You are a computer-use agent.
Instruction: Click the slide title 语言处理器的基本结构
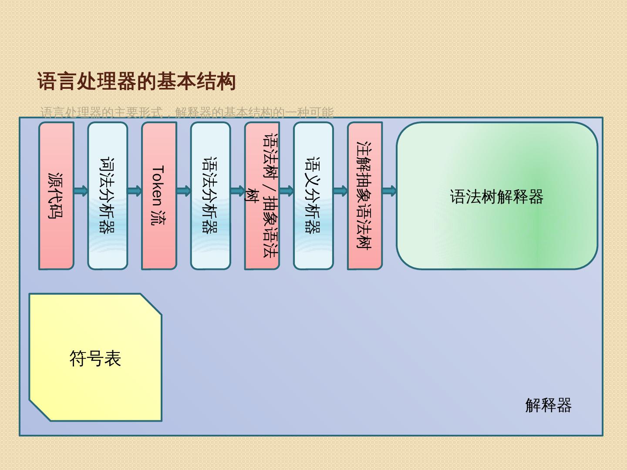click(x=136, y=82)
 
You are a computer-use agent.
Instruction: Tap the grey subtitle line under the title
click(x=187, y=112)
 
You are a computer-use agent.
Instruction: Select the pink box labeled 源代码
click(x=56, y=196)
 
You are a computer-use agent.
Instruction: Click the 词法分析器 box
click(x=108, y=196)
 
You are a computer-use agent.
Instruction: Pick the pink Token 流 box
click(x=159, y=196)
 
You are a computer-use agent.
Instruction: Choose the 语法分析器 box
click(x=210, y=196)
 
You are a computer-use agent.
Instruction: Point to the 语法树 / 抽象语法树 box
click(x=262, y=196)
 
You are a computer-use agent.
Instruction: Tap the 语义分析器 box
click(x=313, y=196)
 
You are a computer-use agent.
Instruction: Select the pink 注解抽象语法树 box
click(x=364, y=196)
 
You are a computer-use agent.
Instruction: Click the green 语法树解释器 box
click(x=496, y=196)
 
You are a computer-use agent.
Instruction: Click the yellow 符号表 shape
click(x=95, y=358)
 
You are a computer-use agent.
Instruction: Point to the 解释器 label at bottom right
click(x=548, y=405)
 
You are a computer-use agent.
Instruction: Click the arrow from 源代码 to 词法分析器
click(x=81, y=191)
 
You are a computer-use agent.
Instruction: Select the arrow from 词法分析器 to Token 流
click(x=135, y=191)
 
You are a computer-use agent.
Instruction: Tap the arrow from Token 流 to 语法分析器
click(x=184, y=191)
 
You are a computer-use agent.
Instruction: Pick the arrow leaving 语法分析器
click(x=238, y=191)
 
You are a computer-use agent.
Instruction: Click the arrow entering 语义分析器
click(x=287, y=191)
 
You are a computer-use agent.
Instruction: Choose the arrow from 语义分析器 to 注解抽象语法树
click(x=340, y=191)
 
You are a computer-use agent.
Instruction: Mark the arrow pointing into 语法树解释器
click(x=389, y=191)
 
